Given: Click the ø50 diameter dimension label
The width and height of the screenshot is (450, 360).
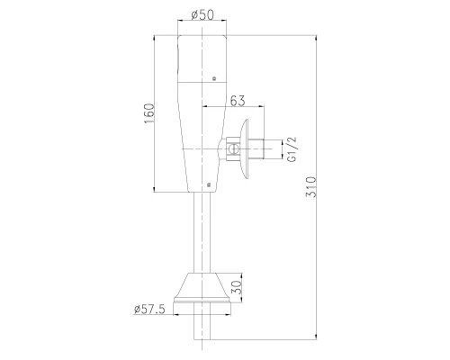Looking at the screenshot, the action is (202, 14).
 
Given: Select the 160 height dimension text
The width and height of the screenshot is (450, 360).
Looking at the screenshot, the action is (149, 113).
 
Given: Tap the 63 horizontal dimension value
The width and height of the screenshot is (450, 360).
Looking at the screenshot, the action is (238, 101).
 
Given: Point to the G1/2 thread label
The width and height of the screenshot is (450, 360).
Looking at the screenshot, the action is (292, 149).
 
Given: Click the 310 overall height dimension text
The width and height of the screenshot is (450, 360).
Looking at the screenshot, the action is (310, 187).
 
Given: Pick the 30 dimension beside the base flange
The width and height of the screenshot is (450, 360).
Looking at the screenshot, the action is (237, 287).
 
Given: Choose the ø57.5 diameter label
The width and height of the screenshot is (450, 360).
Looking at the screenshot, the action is (149, 309).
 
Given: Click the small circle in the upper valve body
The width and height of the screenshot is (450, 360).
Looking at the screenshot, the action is (214, 78).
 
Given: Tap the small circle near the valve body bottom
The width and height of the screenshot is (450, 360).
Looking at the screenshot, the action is (209, 184).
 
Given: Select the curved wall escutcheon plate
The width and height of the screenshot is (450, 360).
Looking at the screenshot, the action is (245, 149).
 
